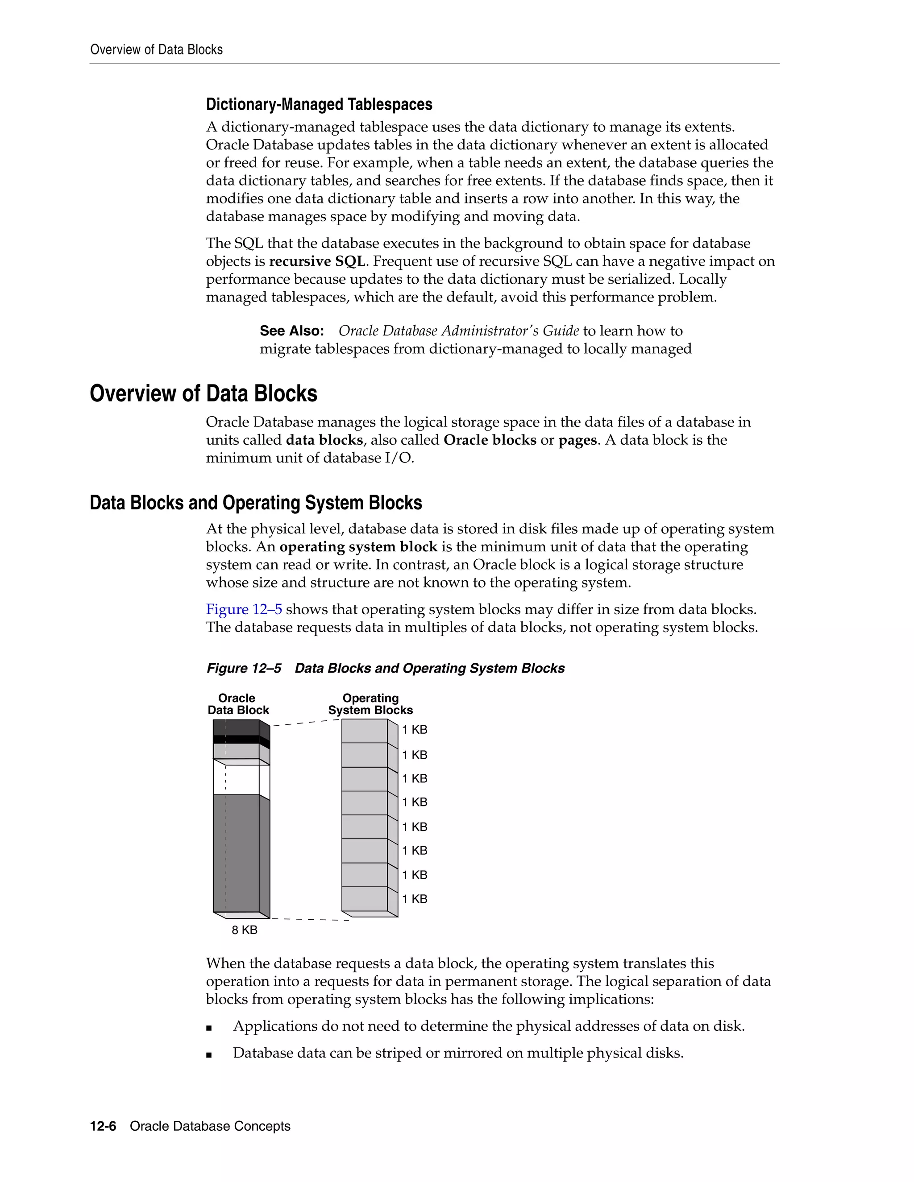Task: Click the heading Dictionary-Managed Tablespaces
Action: [319, 104]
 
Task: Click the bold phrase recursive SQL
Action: [317, 261]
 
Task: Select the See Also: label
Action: [292, 331]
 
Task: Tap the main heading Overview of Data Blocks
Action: [204, 393]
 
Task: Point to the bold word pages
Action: [577, 440]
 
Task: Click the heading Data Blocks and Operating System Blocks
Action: [256, 503]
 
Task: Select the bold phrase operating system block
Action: [358, 547]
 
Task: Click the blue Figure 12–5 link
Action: [244, 609]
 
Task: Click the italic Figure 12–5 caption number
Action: [244, 669]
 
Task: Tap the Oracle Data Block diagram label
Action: [238, 704]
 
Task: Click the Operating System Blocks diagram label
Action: [370, 704]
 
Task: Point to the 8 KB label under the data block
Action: [244, 930]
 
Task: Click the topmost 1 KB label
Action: [415, 730]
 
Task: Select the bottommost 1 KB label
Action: [415, 899]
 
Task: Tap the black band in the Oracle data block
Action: [236, 739]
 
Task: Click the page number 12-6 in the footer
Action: [103, 1126]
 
